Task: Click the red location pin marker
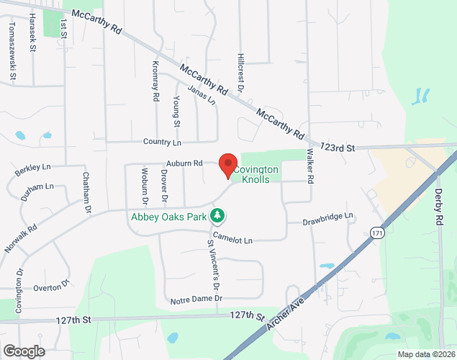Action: pos(228,166)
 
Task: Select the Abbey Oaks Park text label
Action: pos(168,215)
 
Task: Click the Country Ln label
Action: pos(162,142)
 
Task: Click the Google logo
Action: pos(23,351)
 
